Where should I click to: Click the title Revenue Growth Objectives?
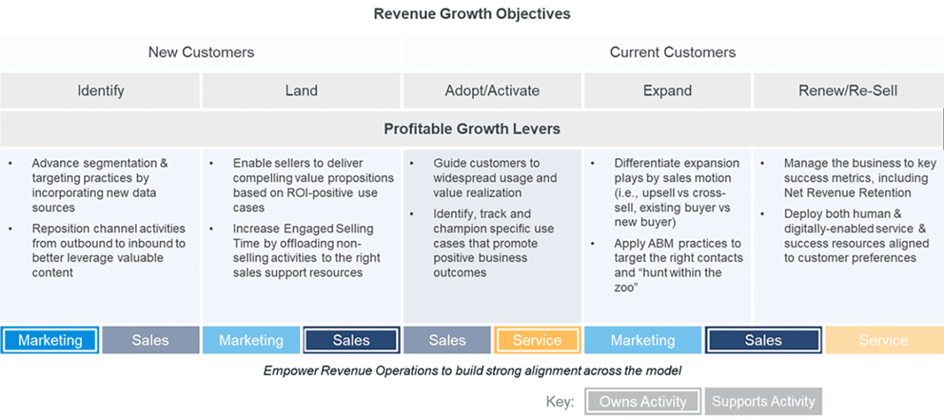472,14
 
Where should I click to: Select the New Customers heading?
201,52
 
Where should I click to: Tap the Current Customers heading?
673,52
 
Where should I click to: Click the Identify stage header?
100,91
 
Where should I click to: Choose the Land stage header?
301,91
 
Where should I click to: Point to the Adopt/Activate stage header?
492,91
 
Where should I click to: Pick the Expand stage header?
667,91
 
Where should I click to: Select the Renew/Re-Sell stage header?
848,91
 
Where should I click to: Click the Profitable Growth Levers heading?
472,129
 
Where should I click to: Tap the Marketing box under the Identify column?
50,340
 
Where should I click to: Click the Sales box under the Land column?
351,340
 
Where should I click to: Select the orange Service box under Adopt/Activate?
537,340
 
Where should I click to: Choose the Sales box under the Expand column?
763,340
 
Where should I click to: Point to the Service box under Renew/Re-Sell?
884,340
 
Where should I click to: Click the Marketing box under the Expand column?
642,340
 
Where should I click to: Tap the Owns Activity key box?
642,402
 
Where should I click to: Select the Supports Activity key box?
763,402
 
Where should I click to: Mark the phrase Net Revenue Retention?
847,193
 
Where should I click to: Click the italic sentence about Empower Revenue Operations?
472,371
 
